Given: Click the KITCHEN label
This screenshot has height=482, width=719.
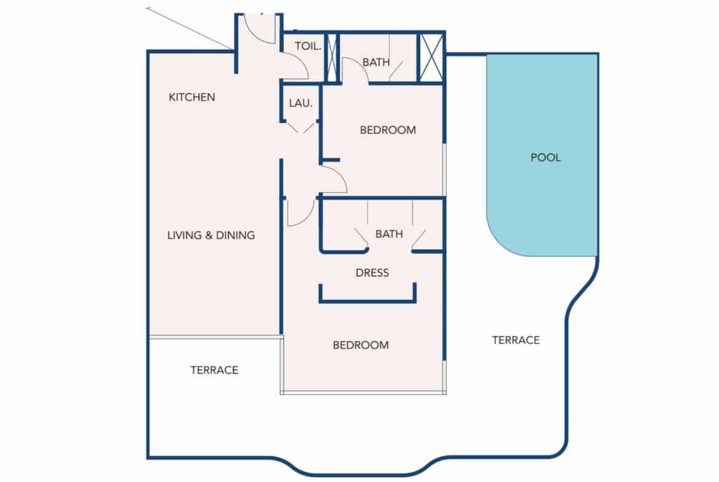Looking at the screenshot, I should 192,97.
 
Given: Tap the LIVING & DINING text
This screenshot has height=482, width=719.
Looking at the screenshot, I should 211,235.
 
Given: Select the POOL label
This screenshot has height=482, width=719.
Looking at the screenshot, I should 546,158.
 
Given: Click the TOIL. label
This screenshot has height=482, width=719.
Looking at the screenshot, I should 308,46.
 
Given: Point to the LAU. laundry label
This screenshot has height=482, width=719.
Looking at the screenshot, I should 301,104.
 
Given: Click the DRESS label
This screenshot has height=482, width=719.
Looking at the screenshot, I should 372,273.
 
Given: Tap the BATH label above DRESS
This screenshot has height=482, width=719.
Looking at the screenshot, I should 389,234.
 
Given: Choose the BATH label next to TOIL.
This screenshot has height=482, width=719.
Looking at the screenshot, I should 375,62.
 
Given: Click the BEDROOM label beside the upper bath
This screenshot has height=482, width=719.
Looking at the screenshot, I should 388,130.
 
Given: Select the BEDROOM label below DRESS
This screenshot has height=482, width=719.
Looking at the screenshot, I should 361,345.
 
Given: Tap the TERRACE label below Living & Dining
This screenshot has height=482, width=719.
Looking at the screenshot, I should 214,370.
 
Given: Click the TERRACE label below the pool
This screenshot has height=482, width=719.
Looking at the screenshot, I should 516,340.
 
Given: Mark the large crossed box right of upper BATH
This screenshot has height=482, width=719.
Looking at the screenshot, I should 431,57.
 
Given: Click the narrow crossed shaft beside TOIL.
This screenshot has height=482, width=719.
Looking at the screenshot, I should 332,57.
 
